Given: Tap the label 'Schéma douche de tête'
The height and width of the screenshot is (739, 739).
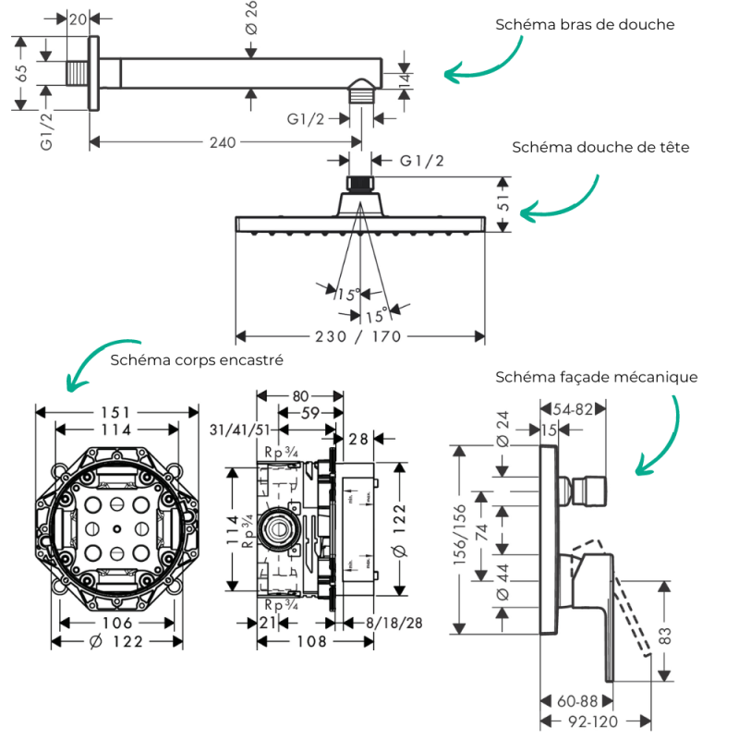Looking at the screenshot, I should pyautogui.click(x=600, y=147).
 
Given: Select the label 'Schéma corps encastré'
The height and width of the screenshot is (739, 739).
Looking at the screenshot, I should pyautogui.click(x=196, y=358).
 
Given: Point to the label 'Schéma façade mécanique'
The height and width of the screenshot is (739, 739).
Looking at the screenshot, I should pyautogui.click(x=596, y=377).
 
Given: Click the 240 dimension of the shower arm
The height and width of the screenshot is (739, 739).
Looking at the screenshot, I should pyautogui.click(x=223, y=142).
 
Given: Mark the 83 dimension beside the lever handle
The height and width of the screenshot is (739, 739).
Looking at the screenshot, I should pyautogui.click(x=665, y=636).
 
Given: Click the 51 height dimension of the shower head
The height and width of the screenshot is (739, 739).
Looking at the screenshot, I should pyautogui.click(x=503, y=203).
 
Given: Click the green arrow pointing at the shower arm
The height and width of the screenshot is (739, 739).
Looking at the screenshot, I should pyautogui.click(x=480, y=67).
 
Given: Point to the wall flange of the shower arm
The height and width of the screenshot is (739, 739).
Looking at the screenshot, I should pyautogui.click(x=93, y=72).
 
